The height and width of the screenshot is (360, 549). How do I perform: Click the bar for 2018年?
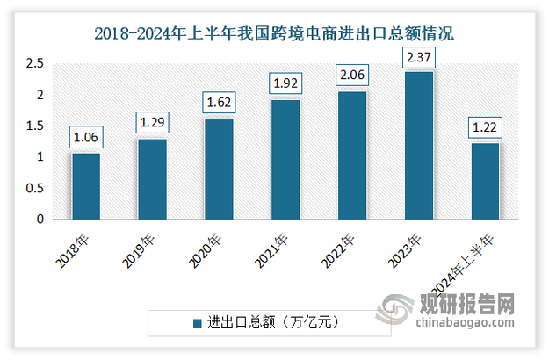click(86, 186)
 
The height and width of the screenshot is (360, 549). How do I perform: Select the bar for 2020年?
click(219, 169)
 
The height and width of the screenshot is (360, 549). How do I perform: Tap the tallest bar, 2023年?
click(419, 146)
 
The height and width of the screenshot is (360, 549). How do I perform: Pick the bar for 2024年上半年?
click(485, 181)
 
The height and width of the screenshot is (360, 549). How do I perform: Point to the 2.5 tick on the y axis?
click(34, 64)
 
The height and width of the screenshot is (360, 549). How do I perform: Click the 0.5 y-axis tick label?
click(34, 189)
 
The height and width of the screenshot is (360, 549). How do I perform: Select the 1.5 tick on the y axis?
click(34, 126)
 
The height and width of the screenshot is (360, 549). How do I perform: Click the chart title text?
click(274, 35)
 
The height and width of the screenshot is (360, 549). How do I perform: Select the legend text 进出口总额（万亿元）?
click(271, 323)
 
